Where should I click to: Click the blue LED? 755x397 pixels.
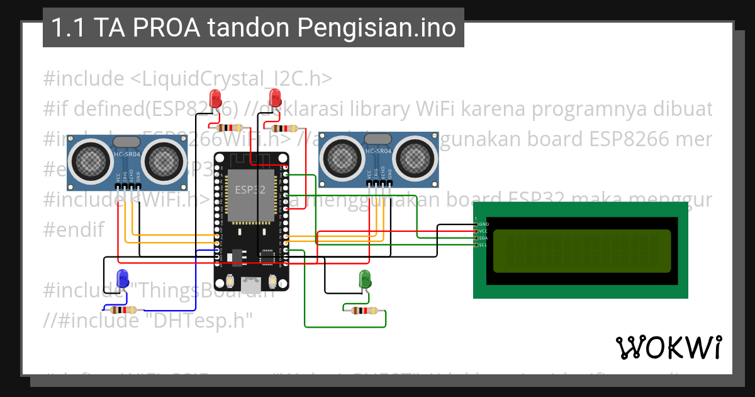(x=123, y=278)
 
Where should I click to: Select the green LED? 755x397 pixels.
(x=364, y=279)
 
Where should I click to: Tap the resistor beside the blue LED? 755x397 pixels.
(x=123, y=309)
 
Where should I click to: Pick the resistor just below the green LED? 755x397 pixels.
(x=364, y=310)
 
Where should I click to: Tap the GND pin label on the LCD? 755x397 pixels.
(x=483, y=224)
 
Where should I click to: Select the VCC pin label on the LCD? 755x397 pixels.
(x=483, y=231)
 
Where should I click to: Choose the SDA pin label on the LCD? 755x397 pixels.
(x=483, y=238)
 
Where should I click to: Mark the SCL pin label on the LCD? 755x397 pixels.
(x=483, y=245)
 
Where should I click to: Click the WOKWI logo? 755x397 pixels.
(x=668, y=347)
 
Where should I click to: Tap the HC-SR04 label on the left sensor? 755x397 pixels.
(x=127, y=154)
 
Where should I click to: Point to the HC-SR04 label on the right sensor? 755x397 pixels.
(x=379, y=151)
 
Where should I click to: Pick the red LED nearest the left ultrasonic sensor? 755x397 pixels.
(x=215, y=98)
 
